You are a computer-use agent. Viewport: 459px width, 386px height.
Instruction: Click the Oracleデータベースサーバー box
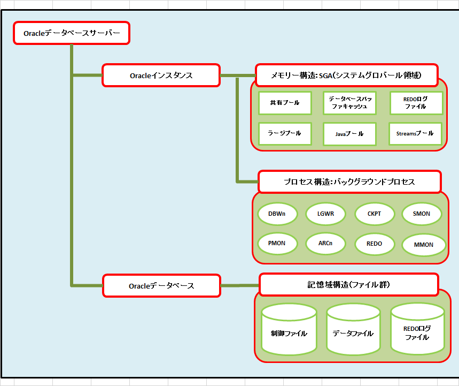pos(71,33)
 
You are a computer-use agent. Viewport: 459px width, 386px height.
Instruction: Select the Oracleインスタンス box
pos(161,75)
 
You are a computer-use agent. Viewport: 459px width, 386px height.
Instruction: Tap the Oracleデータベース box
pos(161,286)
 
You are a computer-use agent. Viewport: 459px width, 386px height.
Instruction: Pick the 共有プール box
pos(285,103)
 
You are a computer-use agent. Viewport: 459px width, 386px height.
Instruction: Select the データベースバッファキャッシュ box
pos(349,103)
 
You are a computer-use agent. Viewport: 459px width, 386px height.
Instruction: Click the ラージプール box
pos(285,133)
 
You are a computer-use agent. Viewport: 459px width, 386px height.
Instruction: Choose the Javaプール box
pos(349,134)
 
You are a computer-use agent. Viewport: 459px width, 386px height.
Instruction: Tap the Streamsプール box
pos(415,133)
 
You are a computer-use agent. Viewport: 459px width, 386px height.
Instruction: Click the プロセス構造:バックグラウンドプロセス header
pos(349,182)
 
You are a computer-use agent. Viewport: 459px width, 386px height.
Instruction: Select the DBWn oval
pos(276,214)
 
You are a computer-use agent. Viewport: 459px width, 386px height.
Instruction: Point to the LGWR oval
pos(325,214)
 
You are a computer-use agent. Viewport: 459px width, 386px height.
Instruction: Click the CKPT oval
pos(374,214)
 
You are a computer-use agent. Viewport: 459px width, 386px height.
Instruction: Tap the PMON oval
pos(276,243)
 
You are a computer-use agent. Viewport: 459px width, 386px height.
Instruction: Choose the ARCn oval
pos(325,244)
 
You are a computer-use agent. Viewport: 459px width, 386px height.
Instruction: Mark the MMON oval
pos(423,245)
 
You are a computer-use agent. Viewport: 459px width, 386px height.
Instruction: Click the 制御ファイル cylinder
pos(289,333)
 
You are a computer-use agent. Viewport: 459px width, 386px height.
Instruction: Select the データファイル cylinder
pos(353,333)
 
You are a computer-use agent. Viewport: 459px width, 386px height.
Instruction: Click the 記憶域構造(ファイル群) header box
pos(349,284)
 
